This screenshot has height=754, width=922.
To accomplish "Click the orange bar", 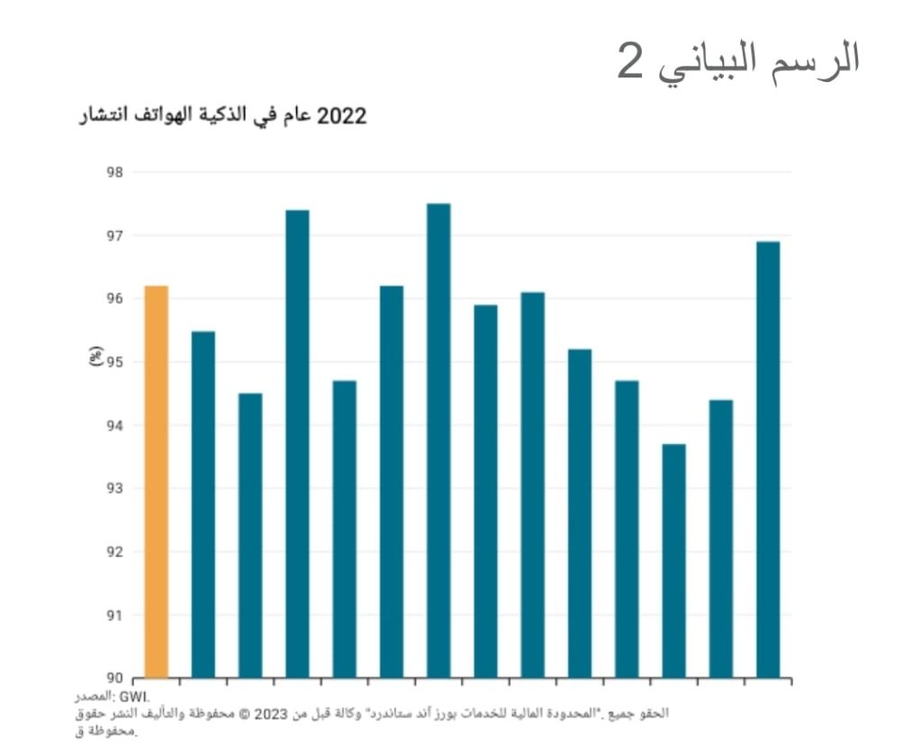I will pos(156,481).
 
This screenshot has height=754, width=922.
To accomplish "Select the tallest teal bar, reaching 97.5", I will pos(438,441).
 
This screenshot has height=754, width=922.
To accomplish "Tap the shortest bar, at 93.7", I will pos(673,561).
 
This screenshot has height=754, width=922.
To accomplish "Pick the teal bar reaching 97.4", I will pos(297,444).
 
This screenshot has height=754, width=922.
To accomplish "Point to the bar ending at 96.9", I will pos(768,459).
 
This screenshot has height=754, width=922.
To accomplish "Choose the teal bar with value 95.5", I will pos(203,504).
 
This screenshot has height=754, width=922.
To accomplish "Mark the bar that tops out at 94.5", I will pos(250,535).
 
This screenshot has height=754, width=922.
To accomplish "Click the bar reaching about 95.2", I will pos(580,513).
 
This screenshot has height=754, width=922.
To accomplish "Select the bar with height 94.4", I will pos(721,538).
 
